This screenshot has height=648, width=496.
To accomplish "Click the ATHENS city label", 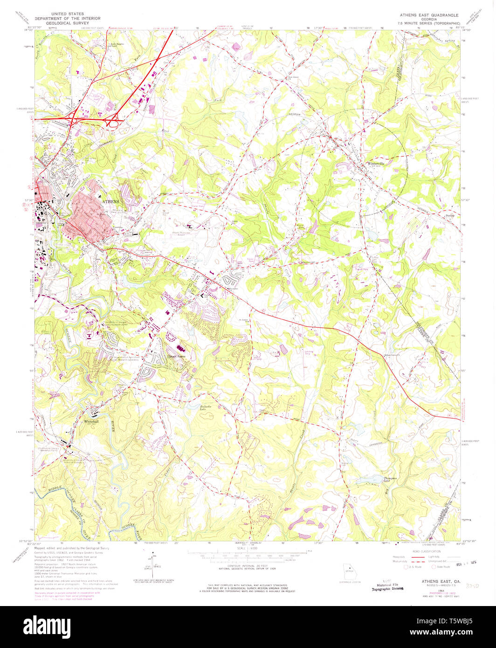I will [x=110, y=201].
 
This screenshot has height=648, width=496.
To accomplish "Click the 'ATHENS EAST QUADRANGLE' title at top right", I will [x=427, y=14].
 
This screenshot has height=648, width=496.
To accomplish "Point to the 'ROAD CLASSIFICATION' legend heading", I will [x=427, y=551].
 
